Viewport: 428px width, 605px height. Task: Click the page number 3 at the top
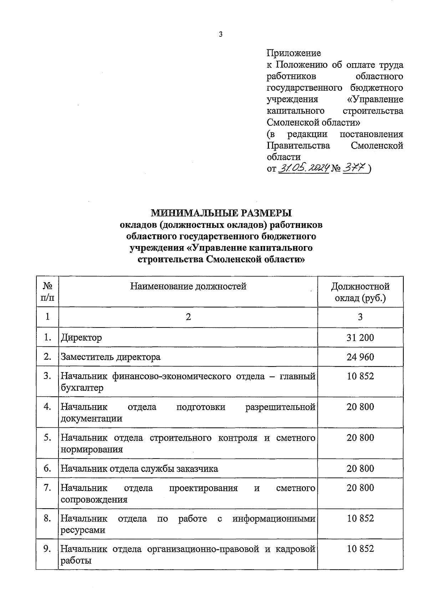click(220, 35)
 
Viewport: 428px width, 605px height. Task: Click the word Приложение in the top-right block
click(294, 53)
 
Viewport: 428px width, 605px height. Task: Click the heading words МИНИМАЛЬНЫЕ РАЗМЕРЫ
click(221, 213)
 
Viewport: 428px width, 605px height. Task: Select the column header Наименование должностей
click(188, 286)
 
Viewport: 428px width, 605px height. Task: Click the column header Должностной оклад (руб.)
click(360, 292)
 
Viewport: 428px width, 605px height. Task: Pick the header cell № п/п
click(47, 292)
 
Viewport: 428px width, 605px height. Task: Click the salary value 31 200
click(360, 337)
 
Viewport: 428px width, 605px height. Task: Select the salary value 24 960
click(360, 357)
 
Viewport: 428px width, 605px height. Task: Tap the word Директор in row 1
click(81, 337)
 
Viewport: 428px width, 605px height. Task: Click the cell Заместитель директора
click(111, 357)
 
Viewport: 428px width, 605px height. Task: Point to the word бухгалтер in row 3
click(82, 388)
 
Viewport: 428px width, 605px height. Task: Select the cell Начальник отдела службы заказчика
click(139, 468)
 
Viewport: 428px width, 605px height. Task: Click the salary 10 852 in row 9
click(360, 549)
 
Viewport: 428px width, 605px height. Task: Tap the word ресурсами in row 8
click(83, 530)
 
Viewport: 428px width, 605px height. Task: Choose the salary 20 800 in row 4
click(360, 407)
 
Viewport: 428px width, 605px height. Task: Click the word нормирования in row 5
click(92, 449)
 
